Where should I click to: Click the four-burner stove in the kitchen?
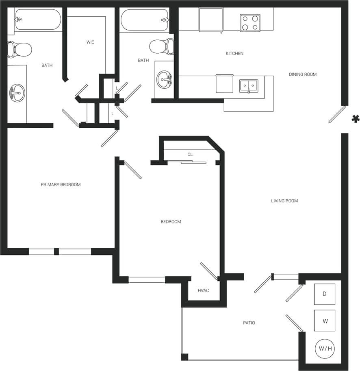(250, 23)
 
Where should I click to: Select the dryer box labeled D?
(324, 294)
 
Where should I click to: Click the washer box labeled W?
(325, 321)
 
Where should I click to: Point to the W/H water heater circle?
(325, 349)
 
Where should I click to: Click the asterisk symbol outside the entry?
(355, 119)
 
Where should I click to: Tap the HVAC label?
(203, 290)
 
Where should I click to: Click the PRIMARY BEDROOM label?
(61, 185)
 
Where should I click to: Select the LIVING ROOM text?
(284, 201)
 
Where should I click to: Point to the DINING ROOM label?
(302, 74)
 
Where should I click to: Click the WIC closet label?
(90, 42)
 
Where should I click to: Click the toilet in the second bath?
(161, 46)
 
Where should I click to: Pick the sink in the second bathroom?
(164, 79)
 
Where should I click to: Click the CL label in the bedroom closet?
(190, 155)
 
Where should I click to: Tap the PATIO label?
(249, 323)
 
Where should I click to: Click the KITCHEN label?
(234, 53)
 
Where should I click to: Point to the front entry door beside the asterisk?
(337, 114)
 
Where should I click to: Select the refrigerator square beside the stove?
(210, 20)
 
